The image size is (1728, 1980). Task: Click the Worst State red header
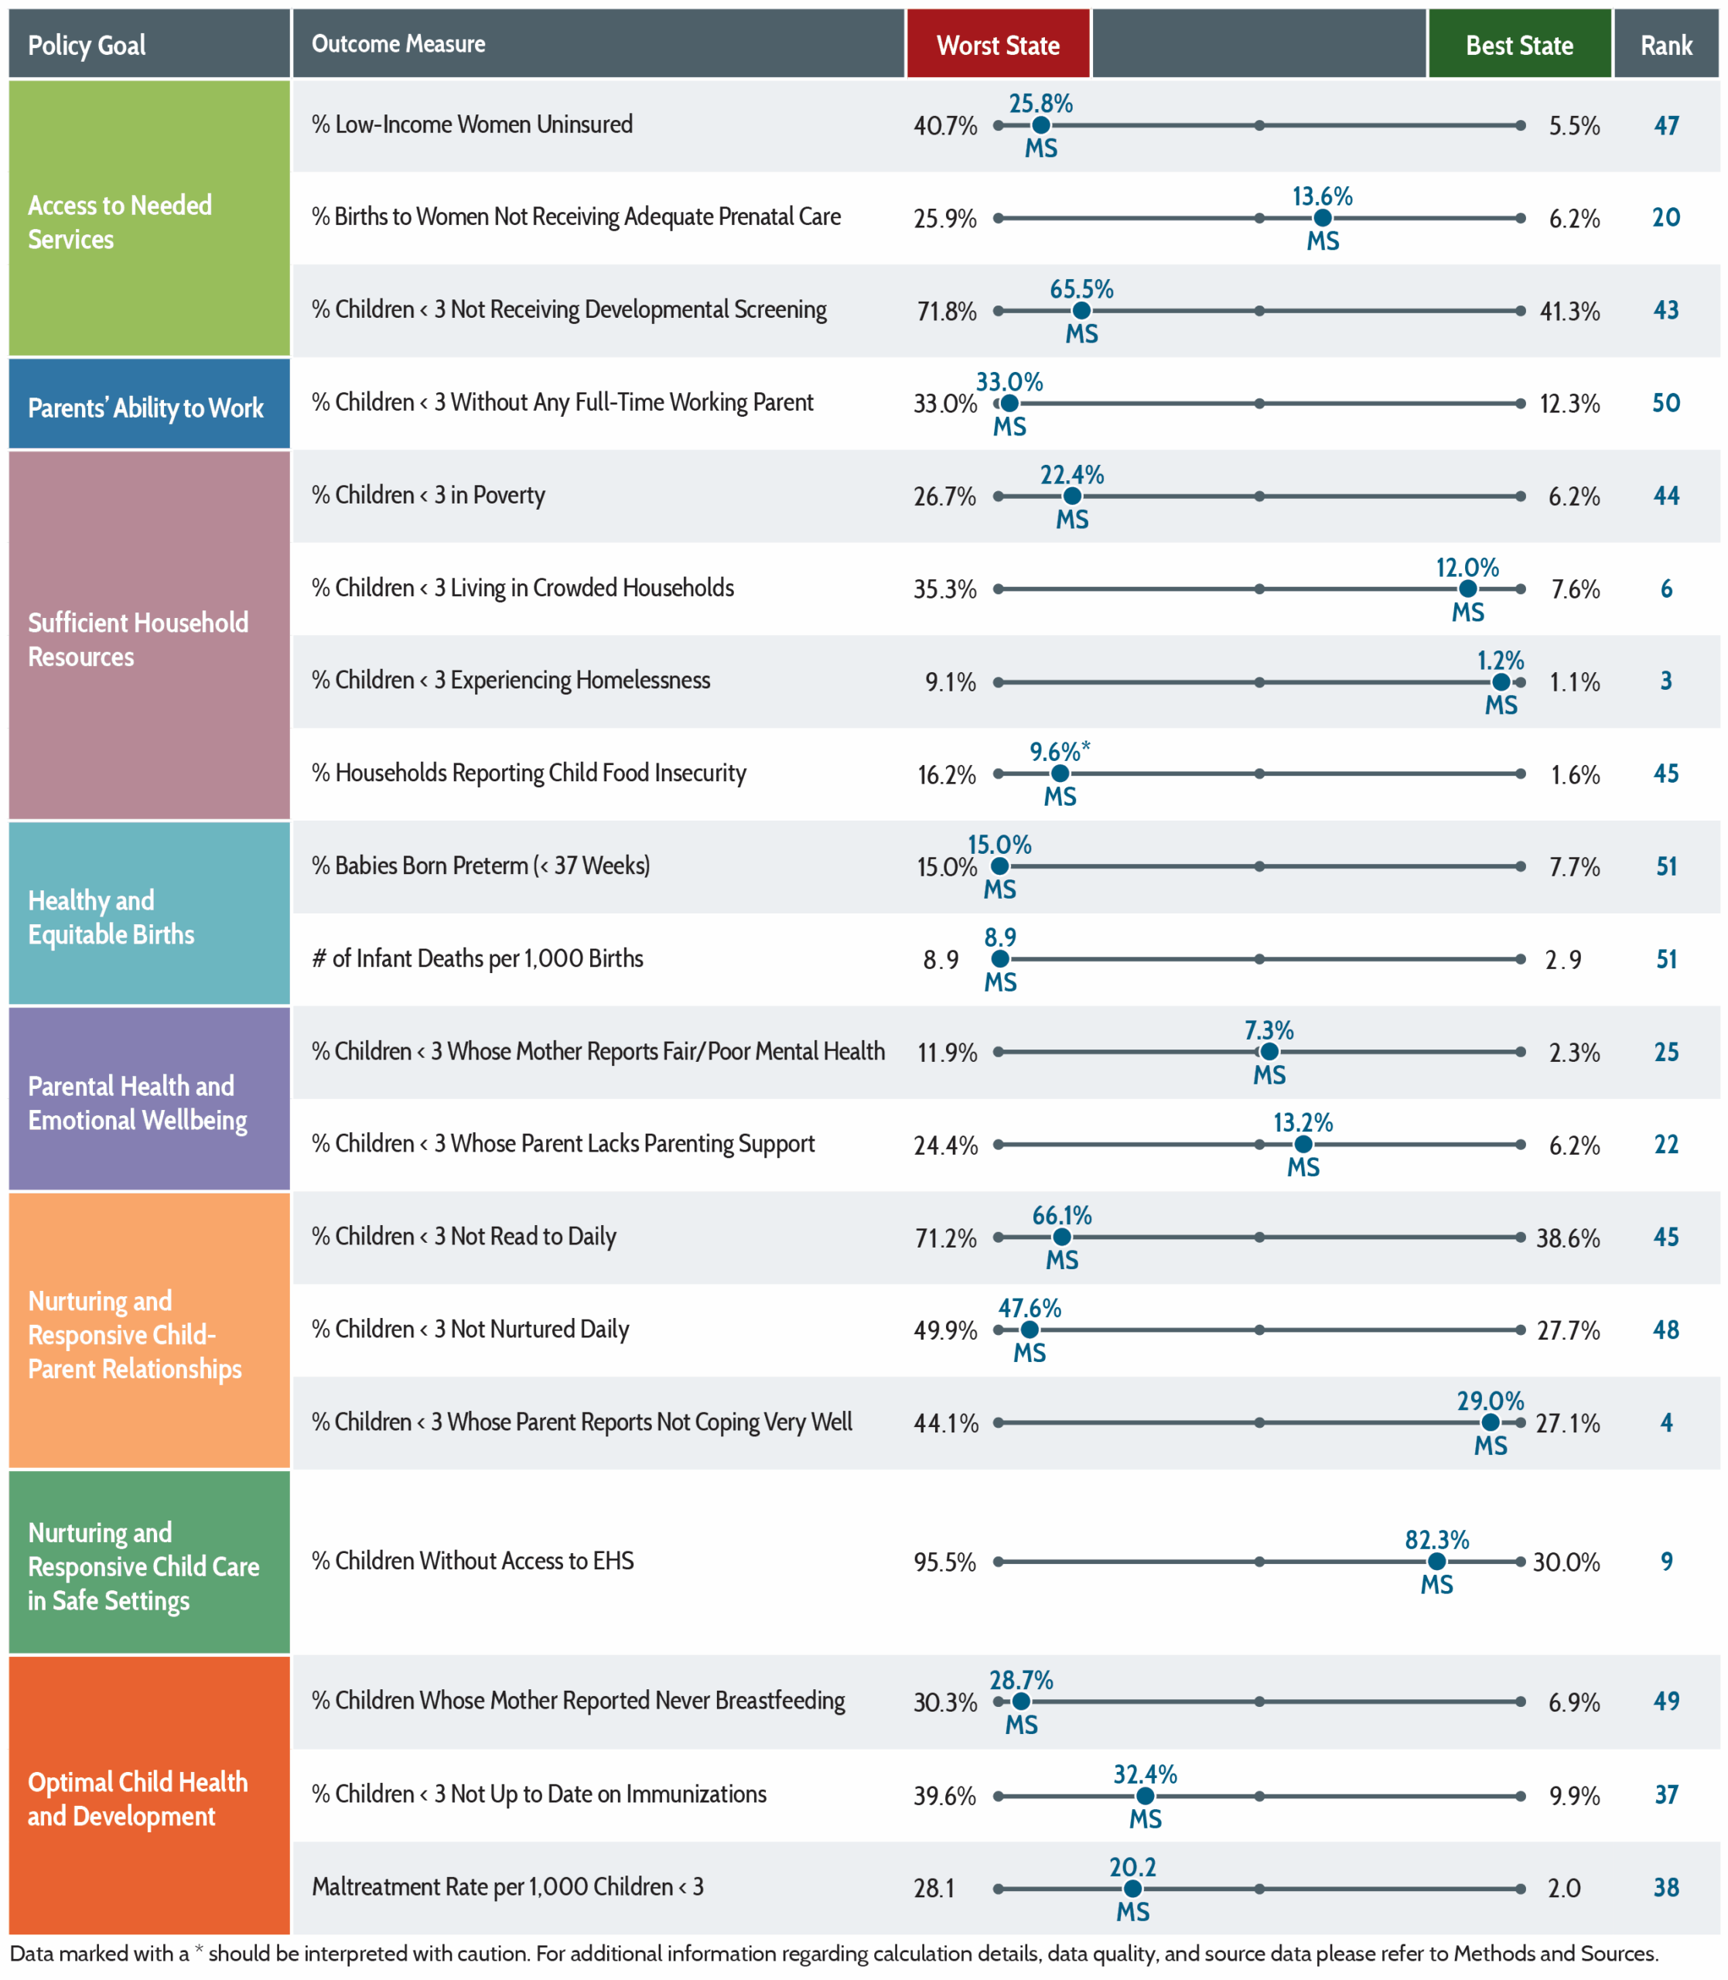pyautogui.click(x=998, y=44)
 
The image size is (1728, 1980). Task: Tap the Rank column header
pyautogui.click(x=1666, y=44)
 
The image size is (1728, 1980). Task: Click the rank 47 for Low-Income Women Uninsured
pyautogui.click(x=1666, y=125)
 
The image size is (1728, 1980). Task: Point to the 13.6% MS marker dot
pyautogui.click(x=1322, y=218)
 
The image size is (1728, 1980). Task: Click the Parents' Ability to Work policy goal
pyautogui.click(x=145, y=408)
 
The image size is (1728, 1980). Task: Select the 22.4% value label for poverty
pyautogui.click(x=1071, y=474)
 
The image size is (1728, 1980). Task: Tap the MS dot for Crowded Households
pyautogui.click(x=1467, y=589)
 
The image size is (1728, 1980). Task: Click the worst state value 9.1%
pyautogui.click(x=950, y=682)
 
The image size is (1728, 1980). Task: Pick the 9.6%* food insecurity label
pyautogui.click(x=1060, y=751)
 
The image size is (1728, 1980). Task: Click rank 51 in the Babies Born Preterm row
pyautogui.click(x=1666, y=866)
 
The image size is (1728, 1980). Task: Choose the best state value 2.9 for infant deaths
pyautogui.click(x=1563, y=960)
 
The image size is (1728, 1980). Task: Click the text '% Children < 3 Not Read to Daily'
pyautogui.click(x=464, y=1236)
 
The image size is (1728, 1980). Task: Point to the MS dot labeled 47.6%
pyautogui.click(x=1029, y=1330)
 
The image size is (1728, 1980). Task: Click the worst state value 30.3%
pyautogui.click(x=945, y=1702)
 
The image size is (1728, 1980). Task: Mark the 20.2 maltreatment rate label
pyautogui.click(x=1132, y=1867)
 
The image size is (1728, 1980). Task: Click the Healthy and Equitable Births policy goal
pyautogui.click(x=111, y=917)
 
